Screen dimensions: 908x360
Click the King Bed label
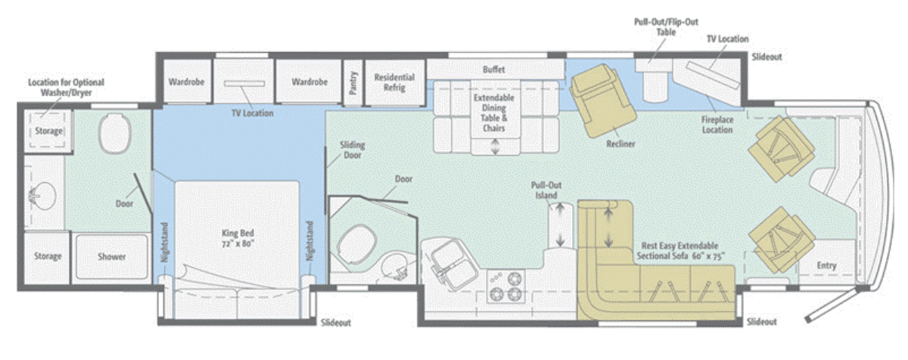pyautogui.click(x=238, y=238)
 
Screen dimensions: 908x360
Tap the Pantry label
pyautogui.click(x=353, y=82)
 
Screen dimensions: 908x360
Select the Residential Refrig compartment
pyautogui.click(x=394, y=82)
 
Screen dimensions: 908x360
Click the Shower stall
pyautogui.click(x=111, y=256)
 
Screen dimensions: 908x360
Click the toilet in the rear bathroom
pyautogui.click(x=115, y=133)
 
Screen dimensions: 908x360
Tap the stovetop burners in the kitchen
pyautogui.click(x=505, y=287)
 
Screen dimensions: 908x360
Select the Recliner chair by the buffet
pyautogui.click(x=601, y=101)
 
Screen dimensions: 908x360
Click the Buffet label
pyautogui.click(x=493, y=70)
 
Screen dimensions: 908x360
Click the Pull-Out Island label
pyautogui.click(x=546, y=191)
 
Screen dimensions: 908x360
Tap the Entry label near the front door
pyautogui.click(x=826, y=265)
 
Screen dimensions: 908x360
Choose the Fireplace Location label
pyautogui.click(x=717, y=125)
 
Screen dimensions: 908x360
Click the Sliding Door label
pyautogui.click(x=353, y=150)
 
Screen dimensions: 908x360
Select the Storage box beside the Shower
pyautogui.click(x=48, y=256)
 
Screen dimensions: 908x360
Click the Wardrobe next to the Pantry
pyautogui.click(x=309, y=82)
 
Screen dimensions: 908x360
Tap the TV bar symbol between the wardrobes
pyautogui.click(x=244, y=84)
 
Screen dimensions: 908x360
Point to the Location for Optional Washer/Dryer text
pyautogui.click(x=66, y=88)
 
